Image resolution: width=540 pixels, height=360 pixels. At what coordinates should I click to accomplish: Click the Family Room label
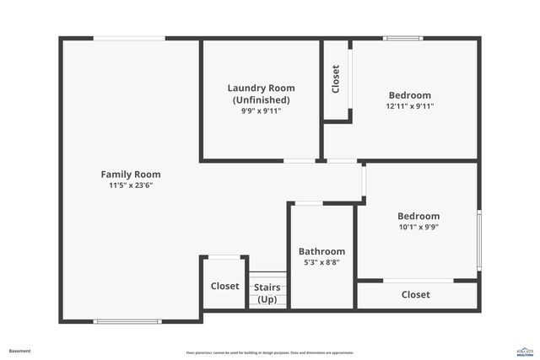click(130, 175)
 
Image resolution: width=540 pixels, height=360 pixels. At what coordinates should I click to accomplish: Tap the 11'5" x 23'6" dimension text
click(130, 185)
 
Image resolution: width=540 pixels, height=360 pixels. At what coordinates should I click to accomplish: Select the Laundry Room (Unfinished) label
click(261, 94)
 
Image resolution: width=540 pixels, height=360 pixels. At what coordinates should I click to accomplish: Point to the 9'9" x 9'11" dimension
click(261, 110)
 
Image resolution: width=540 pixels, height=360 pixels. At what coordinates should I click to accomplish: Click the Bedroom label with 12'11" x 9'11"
click(409, 95)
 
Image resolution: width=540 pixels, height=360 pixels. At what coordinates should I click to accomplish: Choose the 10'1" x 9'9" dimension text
click(418, 227)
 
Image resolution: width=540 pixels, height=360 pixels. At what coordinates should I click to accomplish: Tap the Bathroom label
click(321, 251)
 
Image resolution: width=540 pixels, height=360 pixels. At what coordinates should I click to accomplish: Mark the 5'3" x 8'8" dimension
click(321, 263)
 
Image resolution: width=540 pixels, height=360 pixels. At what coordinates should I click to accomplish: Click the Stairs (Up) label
click(267, 293)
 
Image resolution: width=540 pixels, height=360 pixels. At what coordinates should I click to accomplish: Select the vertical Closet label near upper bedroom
click(336, 79)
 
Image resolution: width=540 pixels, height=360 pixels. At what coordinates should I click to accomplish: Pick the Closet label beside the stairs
click(224, 287)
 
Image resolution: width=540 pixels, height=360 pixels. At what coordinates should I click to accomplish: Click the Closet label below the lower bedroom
click(415, 295)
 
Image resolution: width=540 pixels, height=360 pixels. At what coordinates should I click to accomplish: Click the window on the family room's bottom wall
click(127, 321)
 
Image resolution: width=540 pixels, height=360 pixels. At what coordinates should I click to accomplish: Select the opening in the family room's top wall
click(128, 38)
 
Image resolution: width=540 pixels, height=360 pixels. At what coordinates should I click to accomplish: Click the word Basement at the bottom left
click(20, 350)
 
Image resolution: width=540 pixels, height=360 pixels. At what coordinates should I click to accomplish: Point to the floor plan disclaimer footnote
click(269, 352)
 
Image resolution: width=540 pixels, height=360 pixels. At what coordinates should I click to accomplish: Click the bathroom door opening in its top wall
click(309, 203)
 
